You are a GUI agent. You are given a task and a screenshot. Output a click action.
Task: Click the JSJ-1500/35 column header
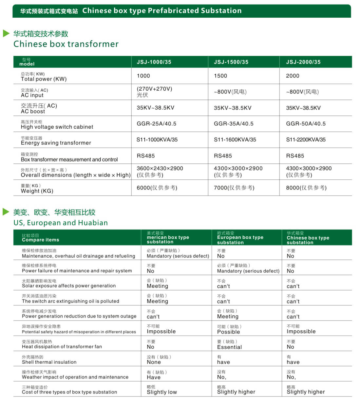[x=231, y=62]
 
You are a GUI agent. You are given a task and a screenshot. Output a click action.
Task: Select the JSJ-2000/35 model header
[x=303, y=62]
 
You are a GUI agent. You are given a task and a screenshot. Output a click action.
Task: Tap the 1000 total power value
[x=143, y=76]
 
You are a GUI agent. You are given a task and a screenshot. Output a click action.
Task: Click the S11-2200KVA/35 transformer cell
[x=306, y=140]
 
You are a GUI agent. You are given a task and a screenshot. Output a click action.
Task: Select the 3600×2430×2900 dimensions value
[x=160, y=169]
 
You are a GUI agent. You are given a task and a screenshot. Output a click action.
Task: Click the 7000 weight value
[x=234, y=188]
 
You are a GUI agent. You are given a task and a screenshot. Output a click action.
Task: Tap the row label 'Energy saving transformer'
[x=56, y=143]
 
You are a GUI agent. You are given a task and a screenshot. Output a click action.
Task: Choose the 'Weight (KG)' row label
[x=37, y=191]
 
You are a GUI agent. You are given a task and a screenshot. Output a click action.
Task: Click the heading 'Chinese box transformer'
[x=66, y=44]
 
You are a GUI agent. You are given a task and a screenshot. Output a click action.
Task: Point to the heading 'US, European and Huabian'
[x=61, y=223]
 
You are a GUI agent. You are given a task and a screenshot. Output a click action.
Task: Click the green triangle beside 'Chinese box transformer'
[x=6, y=33]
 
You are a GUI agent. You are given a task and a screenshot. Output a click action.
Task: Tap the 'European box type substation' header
[x=240, y=237]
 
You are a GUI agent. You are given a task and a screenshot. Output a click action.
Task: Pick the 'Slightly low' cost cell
[x=161, y=392]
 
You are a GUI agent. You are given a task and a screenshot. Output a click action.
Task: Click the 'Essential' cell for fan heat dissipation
[x=229, y=347]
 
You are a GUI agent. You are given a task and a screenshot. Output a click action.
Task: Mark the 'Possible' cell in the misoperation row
[x=228, y=332]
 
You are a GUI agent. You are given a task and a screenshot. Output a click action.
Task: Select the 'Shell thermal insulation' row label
[x=49, y=362]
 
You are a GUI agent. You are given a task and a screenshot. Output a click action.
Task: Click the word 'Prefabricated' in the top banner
[x=173, y=11]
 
